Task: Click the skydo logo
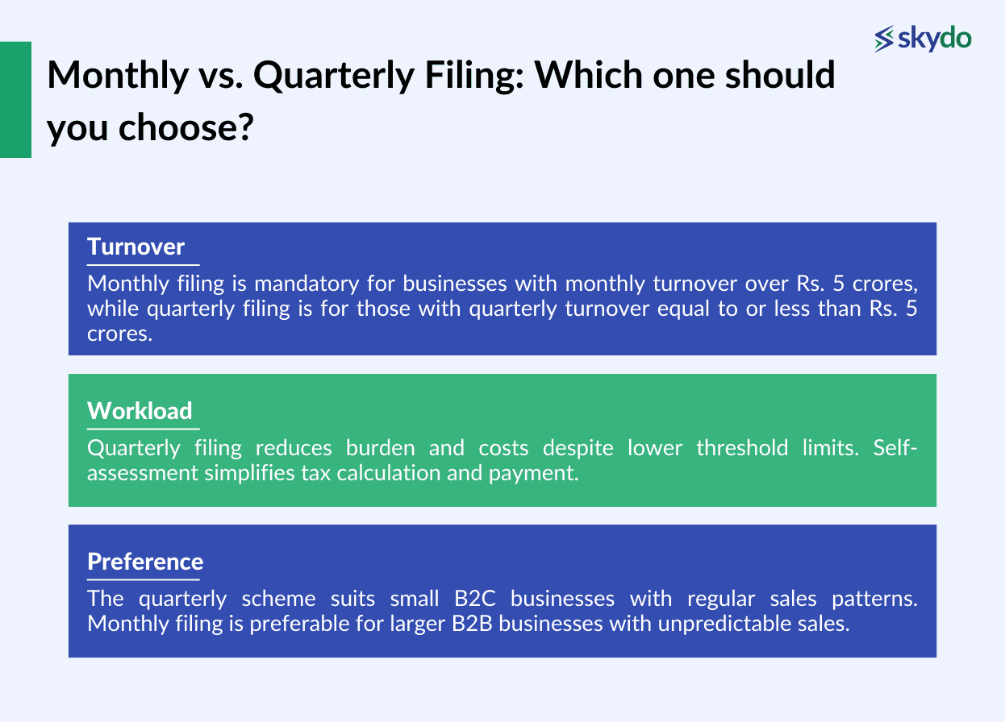point(923,38)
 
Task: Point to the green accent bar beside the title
point(15,99)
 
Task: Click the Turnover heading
point(136,247)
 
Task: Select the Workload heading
point(140,411)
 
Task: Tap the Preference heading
point(145,562)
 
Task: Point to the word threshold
point(739,448)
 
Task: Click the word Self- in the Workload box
point(895,448)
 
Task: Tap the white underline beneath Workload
point(143,429)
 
